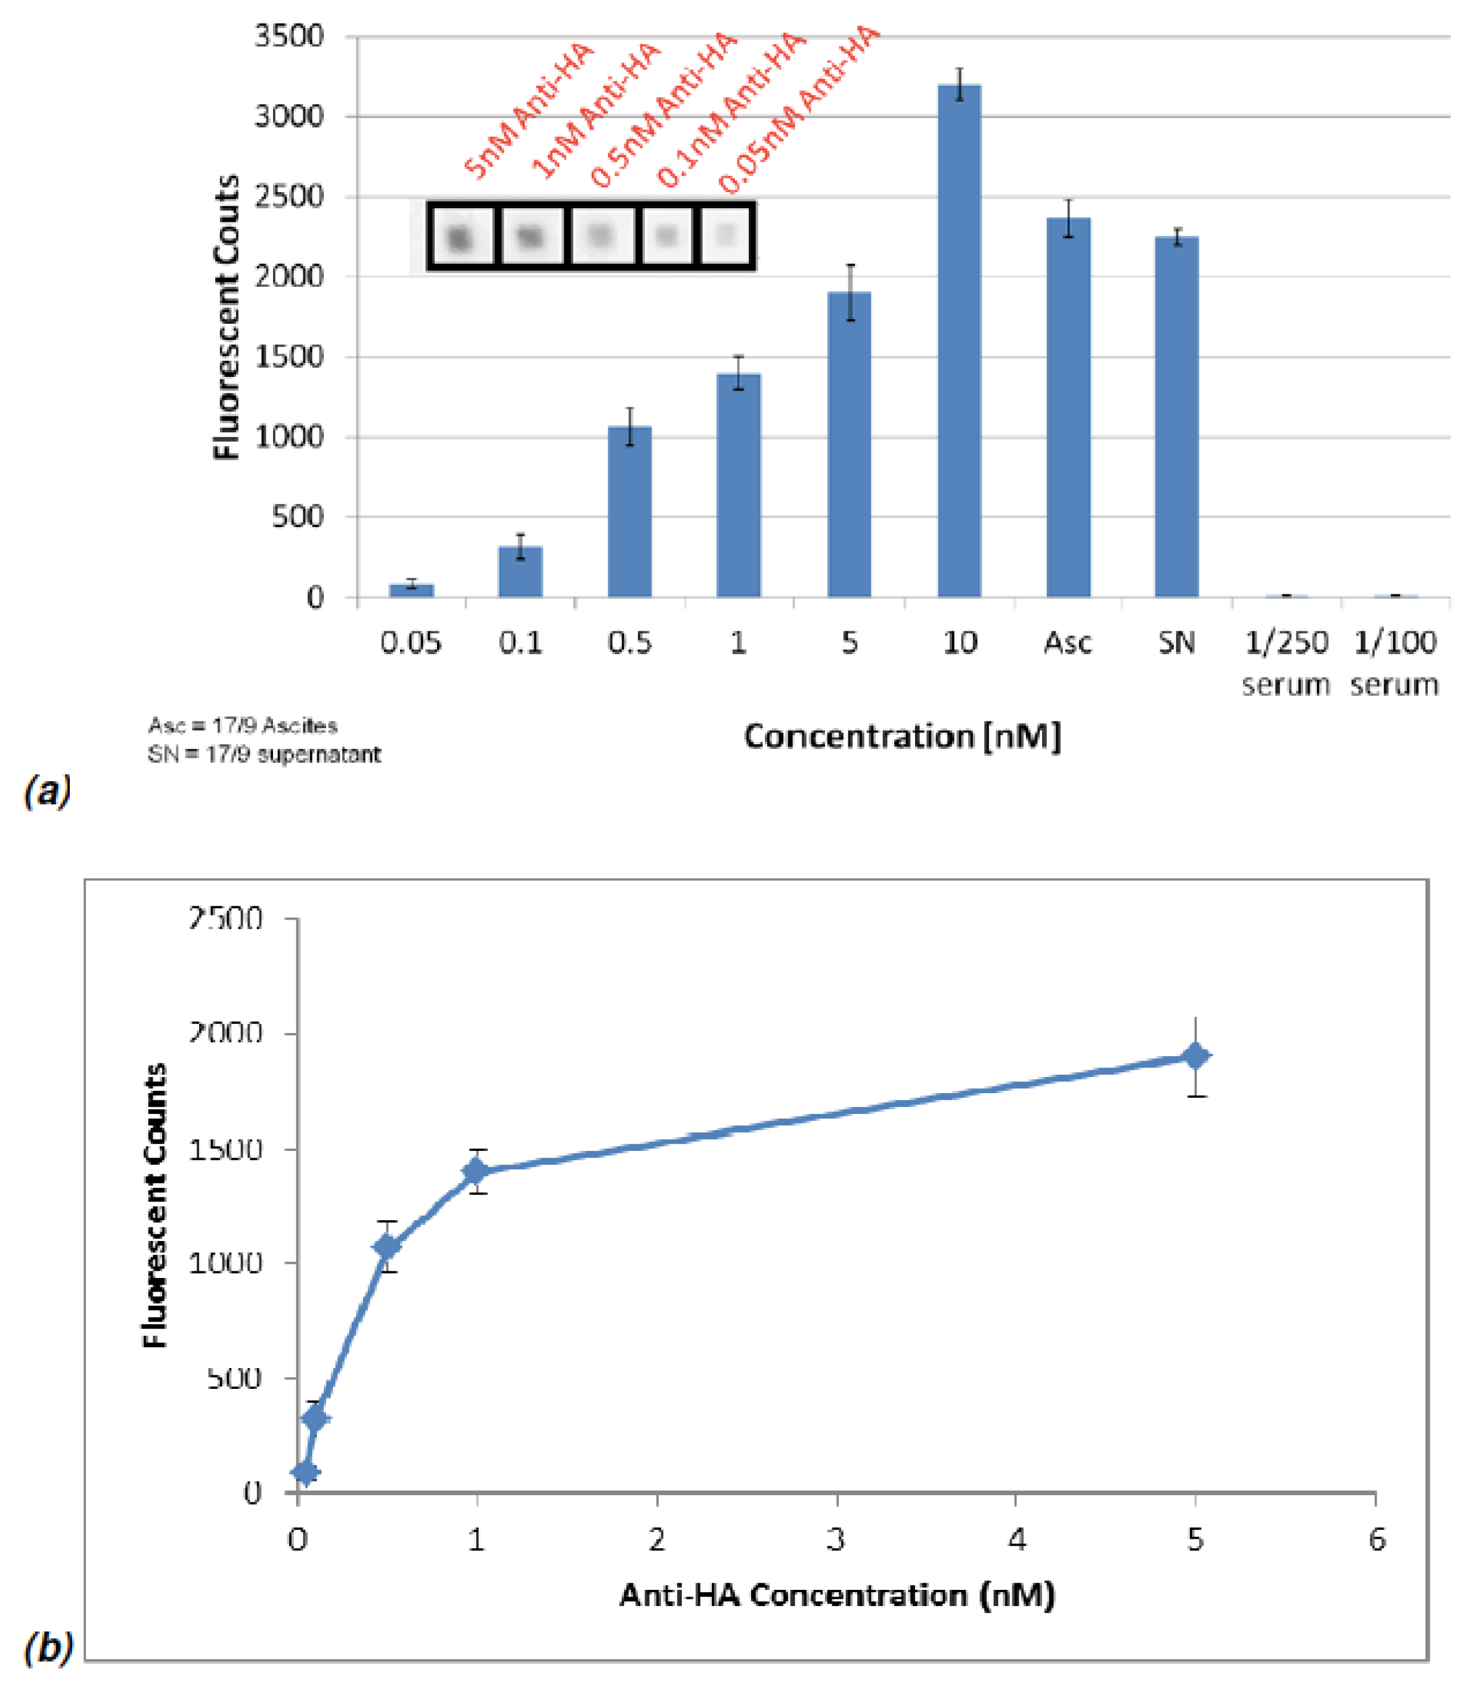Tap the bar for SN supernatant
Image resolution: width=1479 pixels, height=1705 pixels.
tap(1176, 417)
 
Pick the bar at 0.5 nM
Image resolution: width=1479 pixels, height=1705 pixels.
tap(630, 512)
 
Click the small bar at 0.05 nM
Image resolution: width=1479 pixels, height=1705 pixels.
tap(411, 590)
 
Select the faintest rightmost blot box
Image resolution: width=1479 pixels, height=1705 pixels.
tap(725, 236)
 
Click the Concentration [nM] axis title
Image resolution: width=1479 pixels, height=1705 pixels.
tap(901, 736)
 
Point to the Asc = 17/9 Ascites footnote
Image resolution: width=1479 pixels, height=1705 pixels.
tap(243, 726)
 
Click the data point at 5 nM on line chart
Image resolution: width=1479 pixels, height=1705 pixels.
tap(1195, 1056)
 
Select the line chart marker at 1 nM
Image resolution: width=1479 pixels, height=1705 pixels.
tap(476, 1171)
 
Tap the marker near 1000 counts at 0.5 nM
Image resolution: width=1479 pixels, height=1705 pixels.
tap(386, 1247)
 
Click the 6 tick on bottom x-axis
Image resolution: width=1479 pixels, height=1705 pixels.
tap(1376, 1540)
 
